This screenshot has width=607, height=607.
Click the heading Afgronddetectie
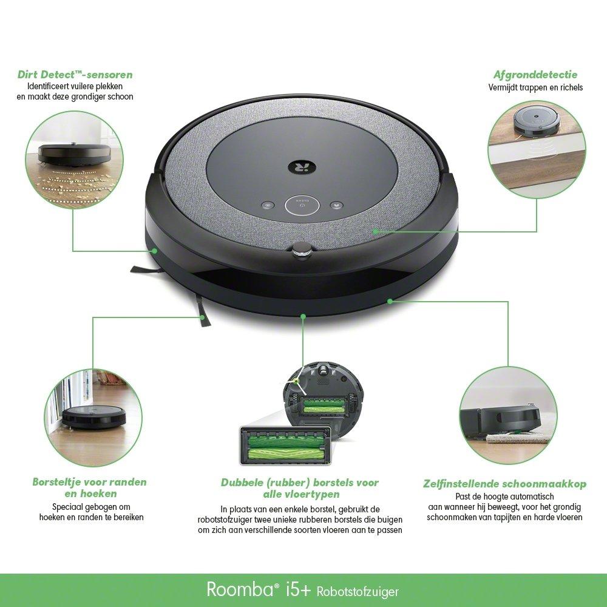click(x=535, y=75)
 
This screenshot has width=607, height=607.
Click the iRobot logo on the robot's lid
click(x=297, y=164)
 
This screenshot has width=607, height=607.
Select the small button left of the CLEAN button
click(x=268, y=205)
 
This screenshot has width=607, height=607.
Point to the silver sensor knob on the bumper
click(x=300, y=249)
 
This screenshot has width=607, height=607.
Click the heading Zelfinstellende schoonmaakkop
click(x=504, y=484)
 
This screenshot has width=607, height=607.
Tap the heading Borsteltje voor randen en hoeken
click(x=89, y=487)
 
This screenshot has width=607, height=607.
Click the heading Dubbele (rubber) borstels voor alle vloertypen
click(x=299, y=488)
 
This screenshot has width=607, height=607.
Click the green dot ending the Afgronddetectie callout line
click(x=376, y=231)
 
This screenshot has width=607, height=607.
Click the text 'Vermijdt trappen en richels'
click(x=535, y=87)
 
